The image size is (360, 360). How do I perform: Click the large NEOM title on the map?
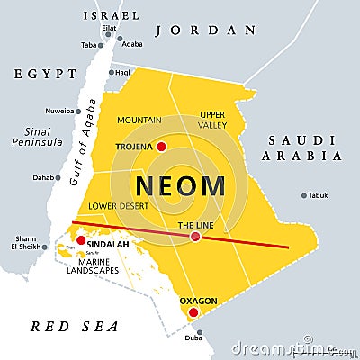(x=180, y=186)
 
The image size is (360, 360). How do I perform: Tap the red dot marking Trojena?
(x=162, y=146)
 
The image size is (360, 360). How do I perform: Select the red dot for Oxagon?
(x=192, y=312)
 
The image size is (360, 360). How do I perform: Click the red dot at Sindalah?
(x=81, y=240)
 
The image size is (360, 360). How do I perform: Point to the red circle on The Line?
(x=195, y=237)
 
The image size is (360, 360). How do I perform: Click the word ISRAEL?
(x=111, y=15)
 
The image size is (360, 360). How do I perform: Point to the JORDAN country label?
(x=206, y=30)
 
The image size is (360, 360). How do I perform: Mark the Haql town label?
(x=122, y=72)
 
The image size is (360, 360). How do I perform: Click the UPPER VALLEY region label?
(x=212, y=120)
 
